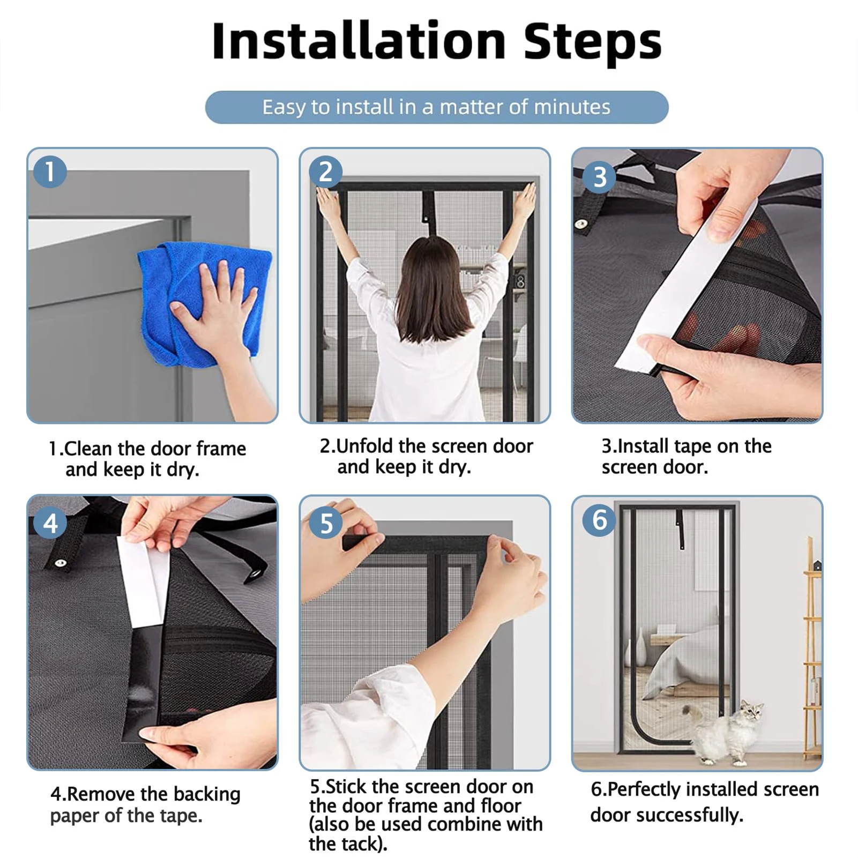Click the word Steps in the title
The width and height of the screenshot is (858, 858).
click(x=592, y=43)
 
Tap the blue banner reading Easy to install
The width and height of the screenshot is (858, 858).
click(x=437, y=107)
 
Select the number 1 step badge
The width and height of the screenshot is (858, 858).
click(x=50, y=171)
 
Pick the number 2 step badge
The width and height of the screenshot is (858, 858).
click(x=325, y=171)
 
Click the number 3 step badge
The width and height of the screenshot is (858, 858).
click(x=600, y=177)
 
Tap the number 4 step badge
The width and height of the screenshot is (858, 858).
click(x=50, y=523)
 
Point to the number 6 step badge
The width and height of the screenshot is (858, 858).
click(x=599, y=520)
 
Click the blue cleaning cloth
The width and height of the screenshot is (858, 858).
click(x=204, y=300)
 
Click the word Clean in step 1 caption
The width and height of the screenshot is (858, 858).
click(x=88, y=449)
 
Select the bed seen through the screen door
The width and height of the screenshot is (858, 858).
click(x=681, y=659)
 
